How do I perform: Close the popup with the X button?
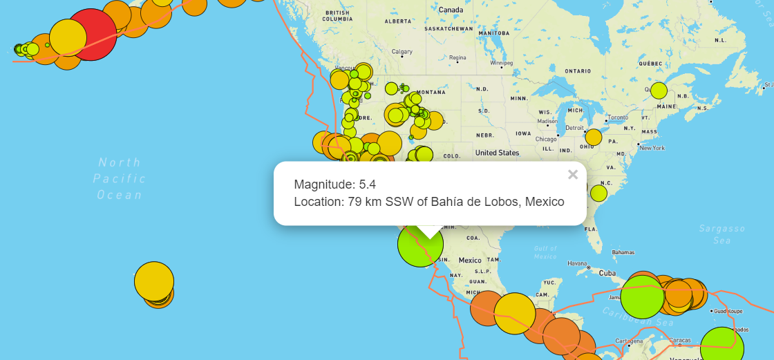point(572,175)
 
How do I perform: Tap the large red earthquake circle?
point(91,35)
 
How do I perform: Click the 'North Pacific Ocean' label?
point(120,178)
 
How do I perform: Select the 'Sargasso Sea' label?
point(721,234)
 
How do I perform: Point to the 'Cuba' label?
point(607,273)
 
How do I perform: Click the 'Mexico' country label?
point(470,260)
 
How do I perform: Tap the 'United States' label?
point(497,153)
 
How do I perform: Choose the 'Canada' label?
point(451,10)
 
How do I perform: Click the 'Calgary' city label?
point(402,52)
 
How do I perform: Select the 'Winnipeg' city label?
point(502,63)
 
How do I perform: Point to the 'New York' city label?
point(652,148)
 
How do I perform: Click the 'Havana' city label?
point(577,263)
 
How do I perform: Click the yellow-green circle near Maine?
point(659,91)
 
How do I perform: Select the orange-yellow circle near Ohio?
point(593,137)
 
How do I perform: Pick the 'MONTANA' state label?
point(431,93)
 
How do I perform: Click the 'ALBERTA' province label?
point(397,21)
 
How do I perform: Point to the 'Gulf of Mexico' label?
point(545,252)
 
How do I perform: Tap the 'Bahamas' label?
point(623,252)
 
